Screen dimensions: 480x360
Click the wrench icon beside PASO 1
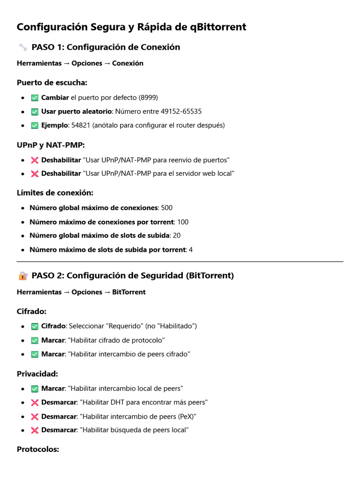pyautogui.click(x=22, y=47)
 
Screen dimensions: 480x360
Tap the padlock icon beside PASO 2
pyautogui.click(x=22, y=276)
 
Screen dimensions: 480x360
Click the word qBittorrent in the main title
pyautogui.click(x=218, y=27)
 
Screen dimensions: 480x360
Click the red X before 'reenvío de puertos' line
pyautogui.click(x=34, y=160)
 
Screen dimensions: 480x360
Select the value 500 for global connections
pyautogui.click(x=167, y=208)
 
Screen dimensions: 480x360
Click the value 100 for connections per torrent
pyautogui.click(x=183, y=222)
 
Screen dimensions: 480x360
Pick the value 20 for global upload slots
pyautogui.click(x=177, y=236)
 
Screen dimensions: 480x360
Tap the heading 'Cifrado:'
pyautogui.click(x=31, y=311)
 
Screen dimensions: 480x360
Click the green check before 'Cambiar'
pyautogui.click(x=34, y=97)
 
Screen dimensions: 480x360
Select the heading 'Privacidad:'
pyautogui.click(x=37, y=374)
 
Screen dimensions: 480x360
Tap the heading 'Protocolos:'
pyautogui.click(x=38, y=449)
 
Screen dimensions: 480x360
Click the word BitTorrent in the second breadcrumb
pyautogui.click(x=129, y=292)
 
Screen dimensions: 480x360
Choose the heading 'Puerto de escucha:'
pyautogui.click(x=52, y=83)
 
